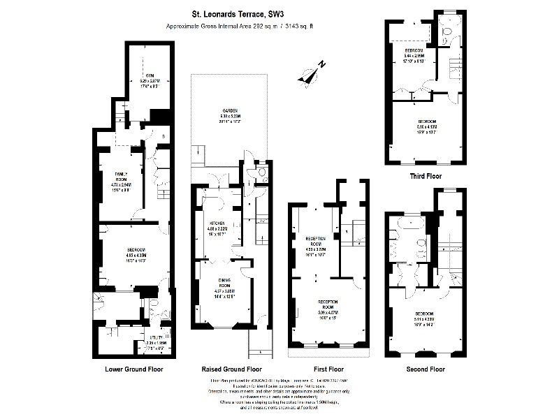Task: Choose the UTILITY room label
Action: coord(155,337)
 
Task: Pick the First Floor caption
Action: coord(326,368)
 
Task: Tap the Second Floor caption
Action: coord(426,369)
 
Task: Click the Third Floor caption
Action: coord(426,177)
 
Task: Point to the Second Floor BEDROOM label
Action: coord(423,314)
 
